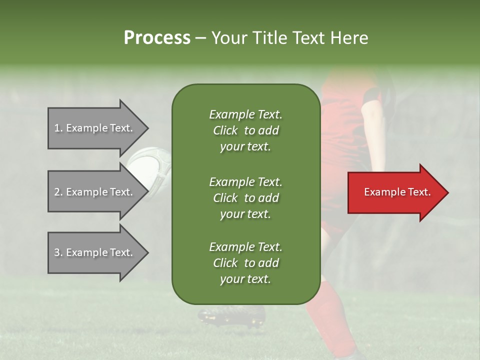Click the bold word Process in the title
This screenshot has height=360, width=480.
(x=157, y=37)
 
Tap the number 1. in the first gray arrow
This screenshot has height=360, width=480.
(x=58, y=128)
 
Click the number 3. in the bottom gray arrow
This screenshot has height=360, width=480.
(x=58, y=252)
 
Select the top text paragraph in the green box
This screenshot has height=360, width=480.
(x=245, y=130)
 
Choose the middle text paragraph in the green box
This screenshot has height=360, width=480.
(x=245, y=197)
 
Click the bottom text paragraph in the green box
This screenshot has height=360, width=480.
(x=245, y=262)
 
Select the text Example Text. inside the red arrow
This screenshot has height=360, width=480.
(x=397, y=192)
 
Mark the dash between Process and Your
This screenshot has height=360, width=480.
(x=200, y=38)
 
